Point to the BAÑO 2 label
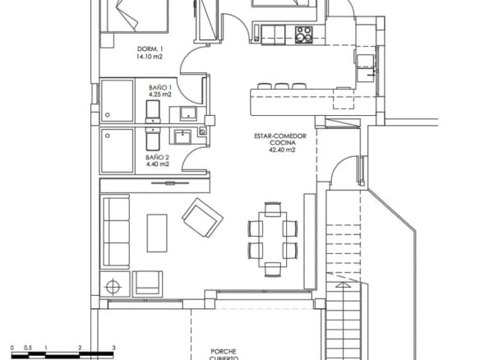point(158,156)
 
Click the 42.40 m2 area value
point(281,151)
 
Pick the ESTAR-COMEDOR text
point(281,136)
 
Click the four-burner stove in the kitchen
point(303,35)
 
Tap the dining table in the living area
point(269,234)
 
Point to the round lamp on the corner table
point(113,287)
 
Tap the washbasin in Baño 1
point(188,113)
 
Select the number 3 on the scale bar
point(113,348)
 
